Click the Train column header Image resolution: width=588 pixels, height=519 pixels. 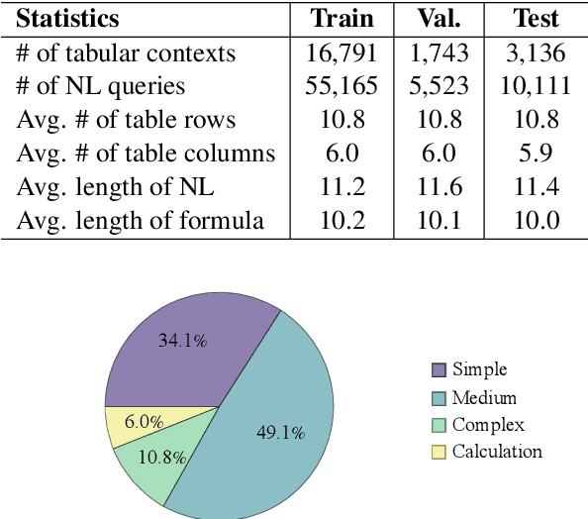(x=343, y=19)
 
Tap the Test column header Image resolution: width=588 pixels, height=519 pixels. (x=536, y=19)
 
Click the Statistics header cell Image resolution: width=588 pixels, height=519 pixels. (x=68, y=19)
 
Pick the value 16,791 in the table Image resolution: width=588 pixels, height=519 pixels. (x=343, y=52)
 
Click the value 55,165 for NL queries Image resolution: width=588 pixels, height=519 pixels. (x=343, y=86)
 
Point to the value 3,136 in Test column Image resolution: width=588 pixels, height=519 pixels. (x=536, y=52)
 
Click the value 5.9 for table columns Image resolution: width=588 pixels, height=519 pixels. (x=536, y=154)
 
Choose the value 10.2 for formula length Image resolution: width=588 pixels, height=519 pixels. (x=343, y=221)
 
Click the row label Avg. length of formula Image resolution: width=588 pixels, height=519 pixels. (x=141, y=221)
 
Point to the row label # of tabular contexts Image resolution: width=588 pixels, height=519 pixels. (x=127, y=52)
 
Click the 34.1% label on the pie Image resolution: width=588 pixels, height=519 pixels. (x=183, y=341)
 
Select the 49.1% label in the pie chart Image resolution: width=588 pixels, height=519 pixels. (x=280, y=432)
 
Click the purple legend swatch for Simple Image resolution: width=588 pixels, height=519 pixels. (x=439, y=370)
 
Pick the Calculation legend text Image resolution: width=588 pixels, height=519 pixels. (x=497, y=452)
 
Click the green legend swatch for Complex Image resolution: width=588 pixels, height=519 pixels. (x=439, y=425)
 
